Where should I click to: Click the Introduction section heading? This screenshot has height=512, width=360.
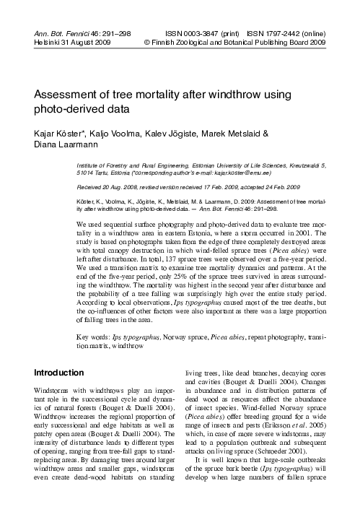(65, 373)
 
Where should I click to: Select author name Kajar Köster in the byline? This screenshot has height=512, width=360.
(61, 134)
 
